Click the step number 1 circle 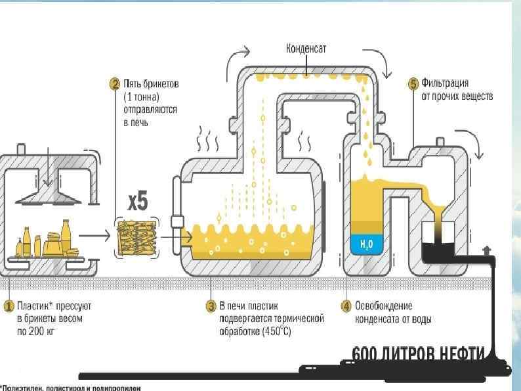coord(9,306)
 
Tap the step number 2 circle coord(114,83)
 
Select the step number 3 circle coord(211,306)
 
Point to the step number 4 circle coord(346,306)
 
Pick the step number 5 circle coord(413,83)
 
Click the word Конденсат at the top coord(306,48)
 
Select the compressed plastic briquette coord(136,235)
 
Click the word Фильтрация coord(445,83)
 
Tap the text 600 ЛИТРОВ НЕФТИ coord(420,354)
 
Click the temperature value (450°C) coord(274,331)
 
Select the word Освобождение coord(383,306)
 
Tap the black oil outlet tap coord(486,250)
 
